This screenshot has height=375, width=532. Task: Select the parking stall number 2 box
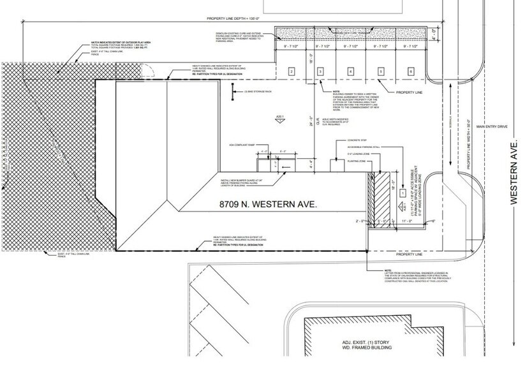(291, 71)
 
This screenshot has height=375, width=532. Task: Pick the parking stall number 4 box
(350, 71)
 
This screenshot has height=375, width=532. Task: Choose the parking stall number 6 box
(411, 71)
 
